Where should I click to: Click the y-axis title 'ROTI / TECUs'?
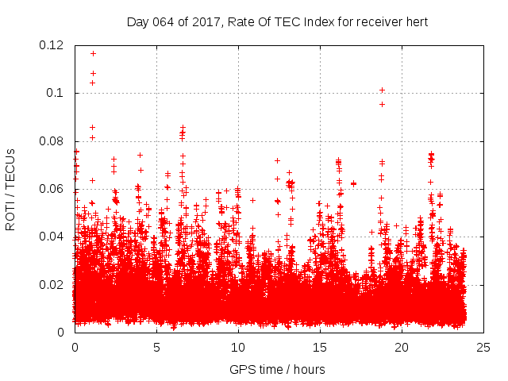[x=10, y=189]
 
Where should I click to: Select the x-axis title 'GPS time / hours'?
[x=277, y=369]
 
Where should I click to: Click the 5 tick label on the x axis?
[x=156, y=347]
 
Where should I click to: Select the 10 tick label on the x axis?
[x=238, y=347]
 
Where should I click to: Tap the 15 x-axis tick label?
[x=320, y=347]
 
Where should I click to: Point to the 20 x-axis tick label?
[x=402, y=347]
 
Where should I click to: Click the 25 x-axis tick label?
[x=483, y=347]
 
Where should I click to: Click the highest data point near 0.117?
[x=93, y=53]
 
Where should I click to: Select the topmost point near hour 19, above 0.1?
[x=382, y=90]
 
